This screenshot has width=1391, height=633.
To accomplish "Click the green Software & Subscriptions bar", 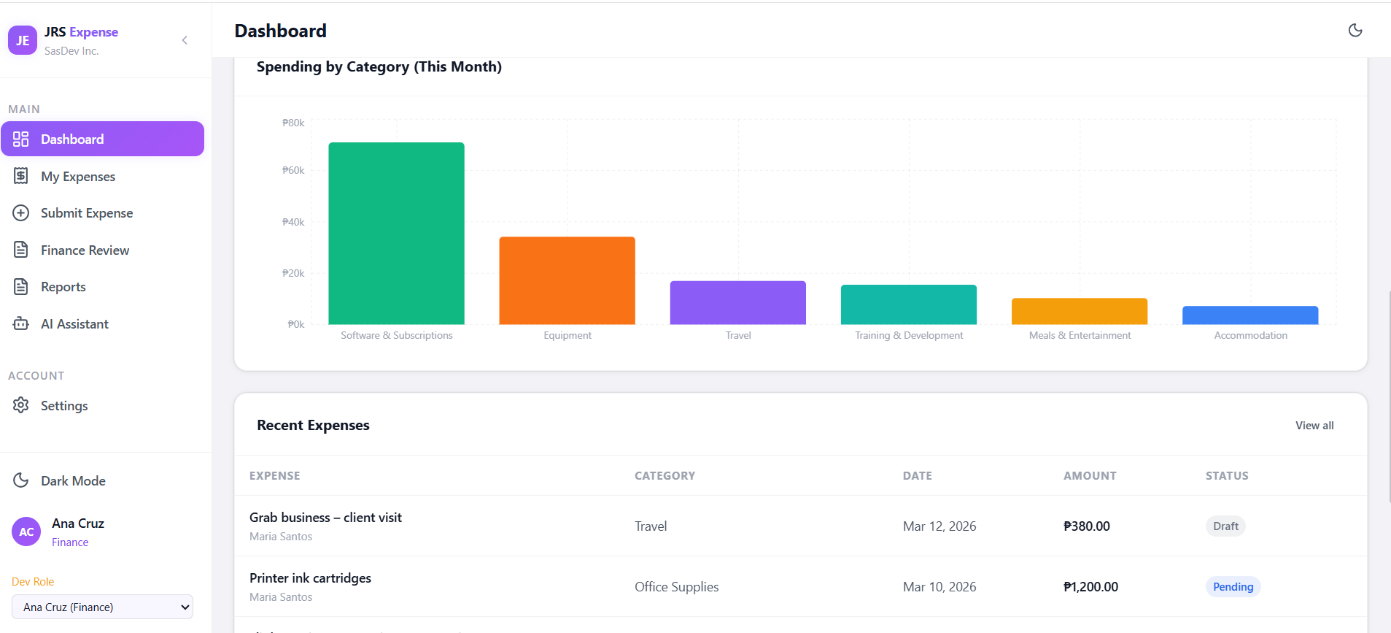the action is [x=396, y=233].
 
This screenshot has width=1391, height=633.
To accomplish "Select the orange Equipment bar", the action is [x=567, y=280].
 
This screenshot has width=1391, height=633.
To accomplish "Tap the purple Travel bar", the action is [x=737, y=302].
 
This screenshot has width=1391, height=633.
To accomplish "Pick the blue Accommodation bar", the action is [x=1250, y=315].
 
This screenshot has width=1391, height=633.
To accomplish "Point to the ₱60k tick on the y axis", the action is [x=293, y=170].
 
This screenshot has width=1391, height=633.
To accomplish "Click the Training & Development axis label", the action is [x=909, y=335].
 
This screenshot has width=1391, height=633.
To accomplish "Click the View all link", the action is [x=1314, y=426].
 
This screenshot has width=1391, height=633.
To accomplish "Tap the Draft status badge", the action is [x=1225, y=526].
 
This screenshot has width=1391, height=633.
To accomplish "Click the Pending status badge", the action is [x=1233, y=587].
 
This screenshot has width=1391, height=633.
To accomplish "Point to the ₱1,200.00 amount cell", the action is [x=1090, y=587].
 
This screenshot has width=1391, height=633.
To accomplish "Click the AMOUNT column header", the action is [x=1090, y=476].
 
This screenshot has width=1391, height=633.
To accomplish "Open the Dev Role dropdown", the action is [x=102, y=607].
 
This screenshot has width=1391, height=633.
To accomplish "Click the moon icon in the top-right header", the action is [x=1355, y=30].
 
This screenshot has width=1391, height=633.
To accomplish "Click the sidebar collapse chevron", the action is [x=185, y=40].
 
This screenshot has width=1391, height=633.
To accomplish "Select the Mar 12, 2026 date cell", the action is [x=939, y=526].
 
